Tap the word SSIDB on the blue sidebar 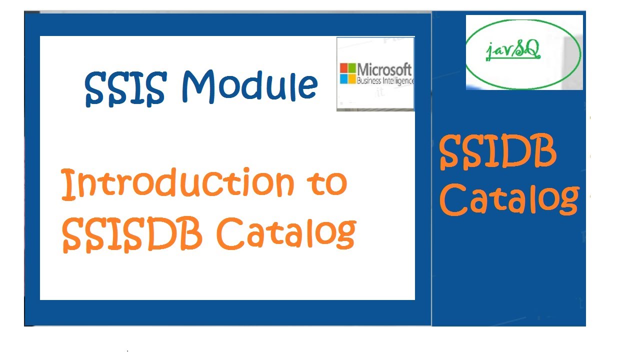coord(498,152)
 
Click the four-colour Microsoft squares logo coord(348,73)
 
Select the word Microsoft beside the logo coord(384,69)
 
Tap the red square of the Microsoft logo coord(344,68)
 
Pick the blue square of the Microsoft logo coord(344,78)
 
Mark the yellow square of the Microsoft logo coord(352,78)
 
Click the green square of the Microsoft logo coord(352,68)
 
